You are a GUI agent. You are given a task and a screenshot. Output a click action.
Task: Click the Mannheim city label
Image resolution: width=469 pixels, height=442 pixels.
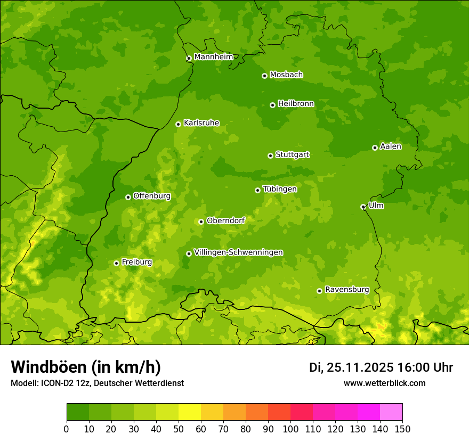213,57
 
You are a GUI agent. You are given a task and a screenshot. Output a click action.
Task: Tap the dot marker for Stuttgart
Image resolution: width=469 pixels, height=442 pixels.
270,155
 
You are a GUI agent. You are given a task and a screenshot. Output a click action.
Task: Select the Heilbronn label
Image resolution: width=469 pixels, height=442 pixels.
296,104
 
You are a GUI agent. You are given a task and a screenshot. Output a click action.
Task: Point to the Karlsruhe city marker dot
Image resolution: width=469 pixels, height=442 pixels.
178,124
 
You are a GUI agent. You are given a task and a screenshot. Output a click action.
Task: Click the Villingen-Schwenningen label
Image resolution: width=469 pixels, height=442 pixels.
238,252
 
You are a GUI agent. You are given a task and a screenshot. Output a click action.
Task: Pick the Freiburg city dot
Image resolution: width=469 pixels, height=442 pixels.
116,263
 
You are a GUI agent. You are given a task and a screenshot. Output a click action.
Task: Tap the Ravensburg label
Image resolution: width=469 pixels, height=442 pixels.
346,290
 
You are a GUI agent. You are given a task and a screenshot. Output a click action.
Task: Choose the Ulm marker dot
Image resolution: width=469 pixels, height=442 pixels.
363,207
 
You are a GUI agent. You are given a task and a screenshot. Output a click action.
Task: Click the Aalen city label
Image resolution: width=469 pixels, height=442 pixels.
391,146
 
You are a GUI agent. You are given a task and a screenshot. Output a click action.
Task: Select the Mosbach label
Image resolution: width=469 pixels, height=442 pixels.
286,75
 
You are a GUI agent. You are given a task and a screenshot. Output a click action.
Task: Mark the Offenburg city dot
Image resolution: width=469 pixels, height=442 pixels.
128,197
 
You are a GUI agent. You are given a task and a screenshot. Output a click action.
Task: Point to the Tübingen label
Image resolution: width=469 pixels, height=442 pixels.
280,189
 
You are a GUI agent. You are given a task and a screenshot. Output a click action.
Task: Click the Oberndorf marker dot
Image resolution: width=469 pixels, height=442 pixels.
201,222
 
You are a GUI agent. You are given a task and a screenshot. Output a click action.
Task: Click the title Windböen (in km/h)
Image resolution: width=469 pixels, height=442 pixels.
86,367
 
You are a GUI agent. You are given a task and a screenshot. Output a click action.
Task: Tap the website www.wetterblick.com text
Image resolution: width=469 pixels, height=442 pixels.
384,383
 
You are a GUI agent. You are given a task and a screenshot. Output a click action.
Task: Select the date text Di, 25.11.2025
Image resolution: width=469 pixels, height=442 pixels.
351,367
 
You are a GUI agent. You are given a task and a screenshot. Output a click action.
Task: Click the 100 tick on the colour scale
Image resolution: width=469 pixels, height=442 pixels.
290,429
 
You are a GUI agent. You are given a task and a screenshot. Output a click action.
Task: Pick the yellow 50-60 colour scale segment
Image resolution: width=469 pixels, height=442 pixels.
190,412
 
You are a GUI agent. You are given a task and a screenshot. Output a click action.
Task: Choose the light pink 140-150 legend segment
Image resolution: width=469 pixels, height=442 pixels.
391,412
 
